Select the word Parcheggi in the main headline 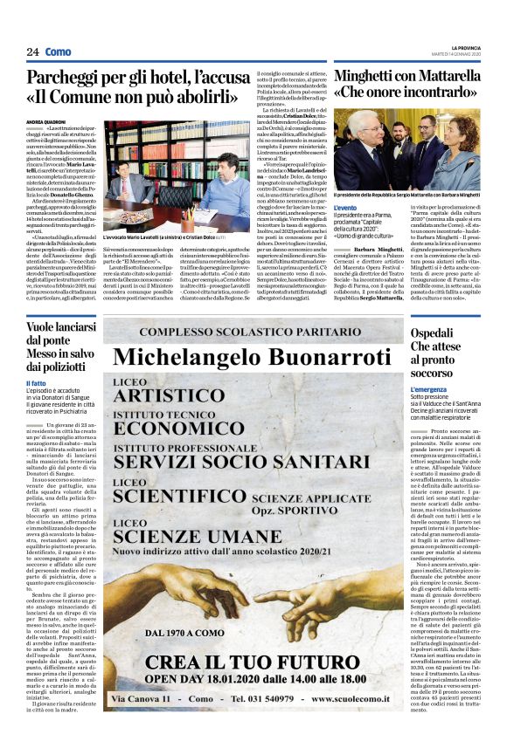tap(72, 78)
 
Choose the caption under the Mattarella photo tap(407, 196)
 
